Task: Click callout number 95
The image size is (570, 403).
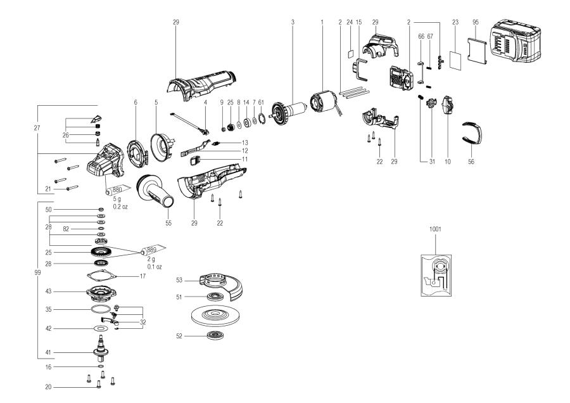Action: tap(476, 22)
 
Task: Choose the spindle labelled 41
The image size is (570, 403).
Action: tap(99, 345)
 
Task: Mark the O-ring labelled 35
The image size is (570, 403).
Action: tap(98, 310)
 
